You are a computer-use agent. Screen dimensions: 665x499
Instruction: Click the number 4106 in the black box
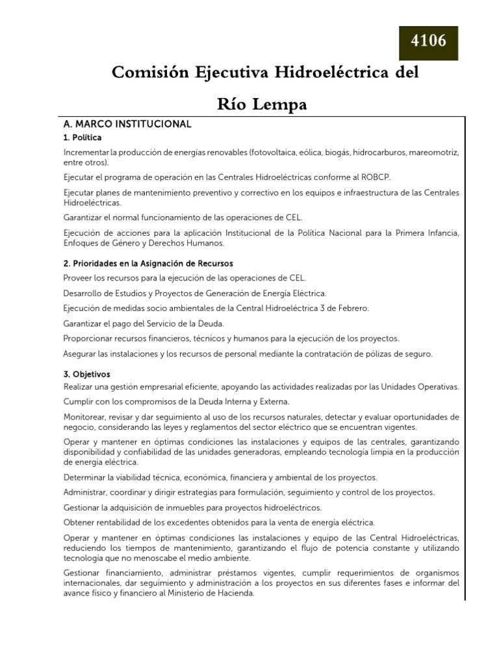pos(428,42)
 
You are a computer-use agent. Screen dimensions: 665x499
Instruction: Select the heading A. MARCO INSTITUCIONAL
pos(127,123)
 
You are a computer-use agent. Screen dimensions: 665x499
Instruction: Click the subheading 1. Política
pos(83,138)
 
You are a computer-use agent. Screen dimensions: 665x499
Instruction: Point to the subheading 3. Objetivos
pos(86,375)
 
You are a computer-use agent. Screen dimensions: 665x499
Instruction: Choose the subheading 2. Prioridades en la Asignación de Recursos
pos(147,264)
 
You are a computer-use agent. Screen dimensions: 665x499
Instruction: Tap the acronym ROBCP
pos(374,177)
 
